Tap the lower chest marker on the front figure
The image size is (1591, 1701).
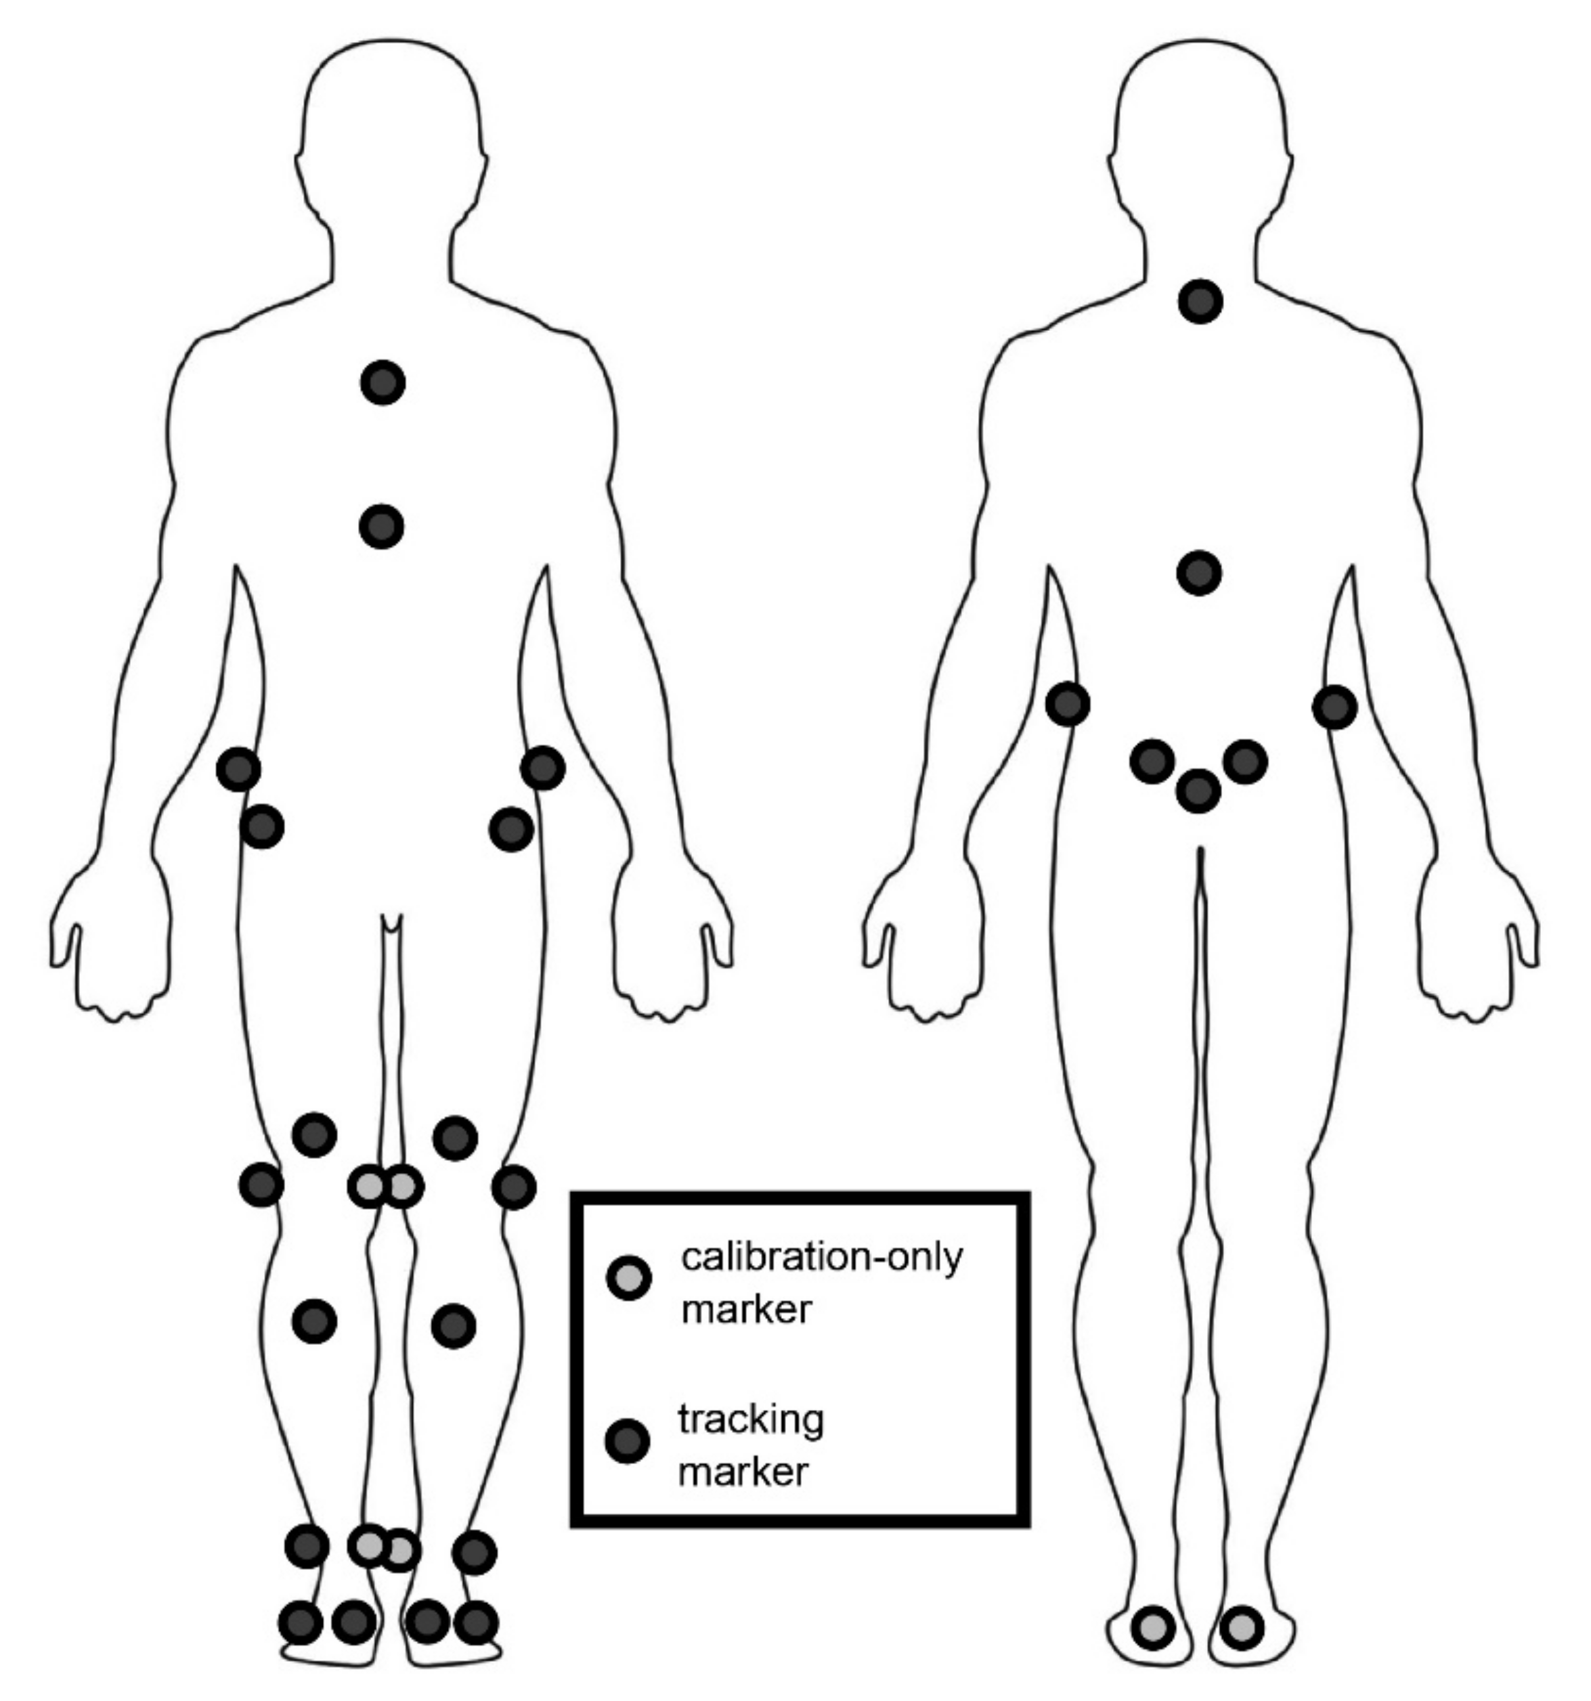[x=382, y=526]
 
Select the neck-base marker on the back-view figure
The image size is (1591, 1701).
[x=1200, y=301]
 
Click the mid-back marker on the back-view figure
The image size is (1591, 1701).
[x=1199, y=573]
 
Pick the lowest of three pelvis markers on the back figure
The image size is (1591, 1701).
[x=1198, y=791]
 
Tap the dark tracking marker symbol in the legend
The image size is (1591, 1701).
[x=628, y=1442]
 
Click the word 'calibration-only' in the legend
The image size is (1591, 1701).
[x=822, y=1257]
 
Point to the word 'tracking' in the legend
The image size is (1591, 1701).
[x=751, y=1419]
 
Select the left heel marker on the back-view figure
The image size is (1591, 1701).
[x=1153, y=1627]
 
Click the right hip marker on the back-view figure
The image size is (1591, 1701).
[x=1334, y=707]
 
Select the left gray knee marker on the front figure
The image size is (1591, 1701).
[x=369, y=1186]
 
